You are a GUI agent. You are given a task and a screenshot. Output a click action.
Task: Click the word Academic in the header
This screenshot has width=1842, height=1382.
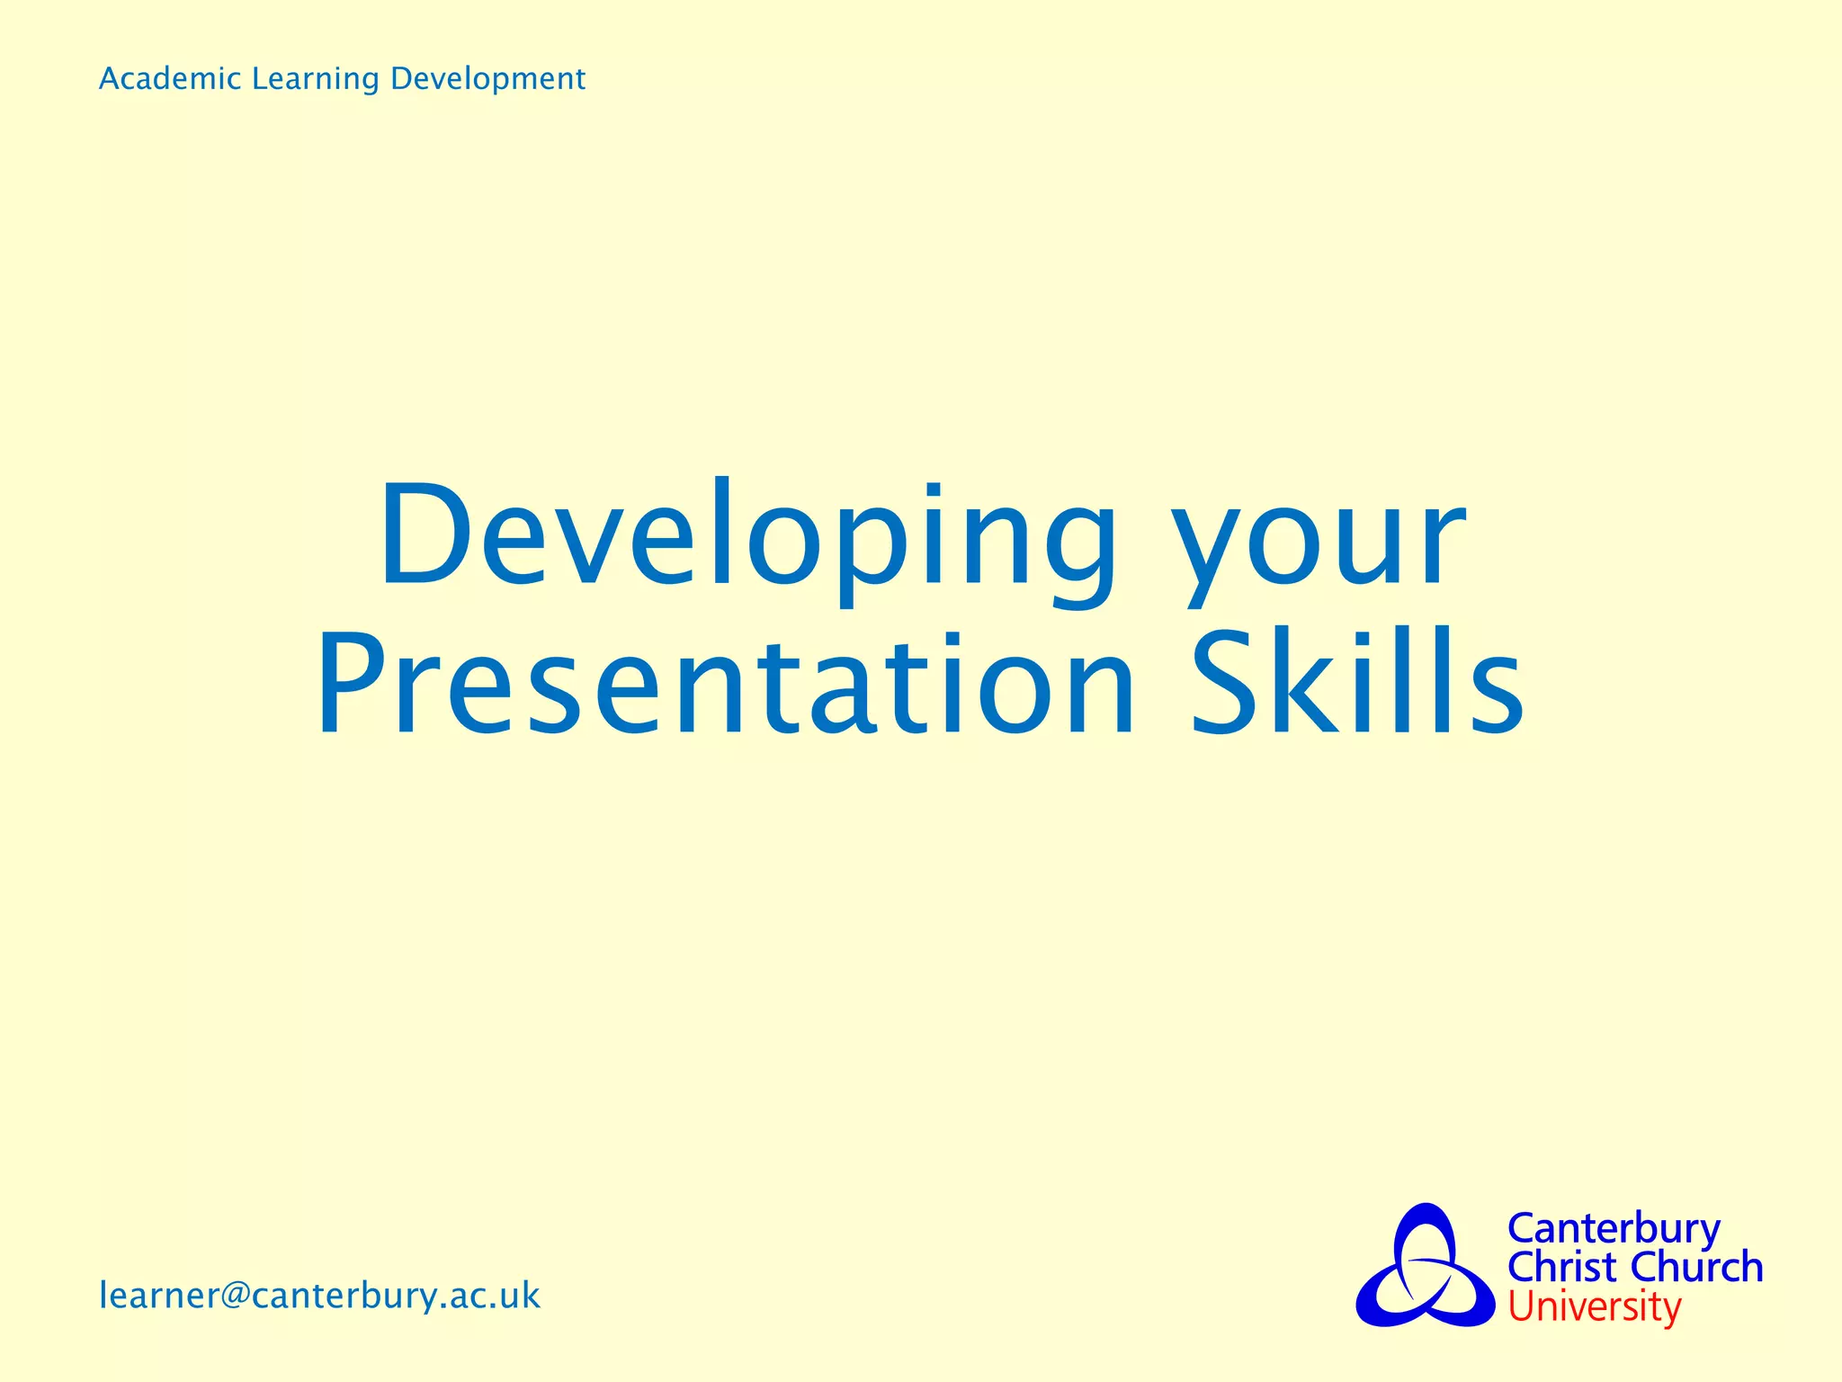coord(170,79)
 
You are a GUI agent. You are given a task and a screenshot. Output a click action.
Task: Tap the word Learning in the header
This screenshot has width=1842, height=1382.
coord(316,79)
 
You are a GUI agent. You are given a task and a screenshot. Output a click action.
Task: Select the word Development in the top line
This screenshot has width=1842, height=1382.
coord(487,79)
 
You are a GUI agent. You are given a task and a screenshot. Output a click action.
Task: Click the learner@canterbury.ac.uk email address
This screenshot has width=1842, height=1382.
coord(319,1297)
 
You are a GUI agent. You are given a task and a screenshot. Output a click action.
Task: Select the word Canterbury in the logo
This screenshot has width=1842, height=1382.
coord(1614,1228)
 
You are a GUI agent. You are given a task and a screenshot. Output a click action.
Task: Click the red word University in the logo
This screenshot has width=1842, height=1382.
coord(1594,1306)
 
